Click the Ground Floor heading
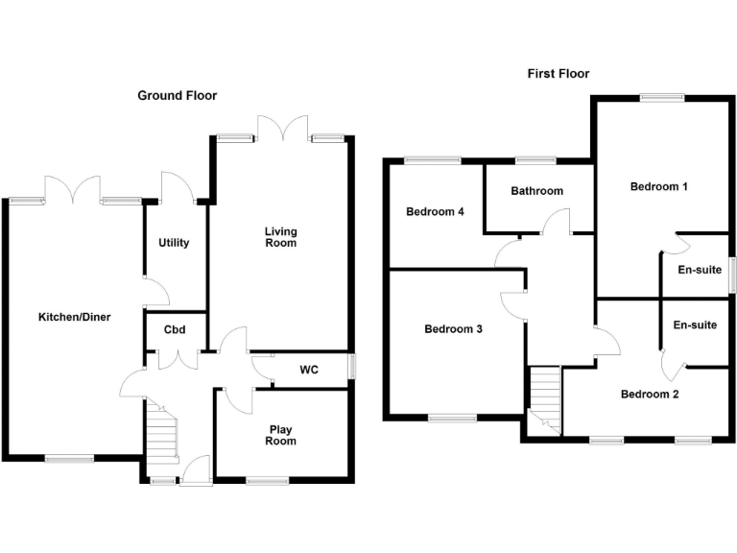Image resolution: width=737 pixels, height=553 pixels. pyautogui.click(x=177, y=95)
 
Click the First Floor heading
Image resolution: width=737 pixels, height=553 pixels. pyautogui.click(x=558, y=73)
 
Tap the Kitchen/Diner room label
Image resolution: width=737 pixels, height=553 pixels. pyautogui.click(x=75, y=317)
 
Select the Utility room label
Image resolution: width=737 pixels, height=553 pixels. pyautogui.click(x=174, y=243)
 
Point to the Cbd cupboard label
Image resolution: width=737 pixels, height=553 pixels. pyautogui.click(x=175, y=330)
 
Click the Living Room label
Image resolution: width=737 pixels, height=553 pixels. pyautogui.click(x=281, y=237)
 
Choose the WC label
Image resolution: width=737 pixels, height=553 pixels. pyautogui.click(x=309, y=369)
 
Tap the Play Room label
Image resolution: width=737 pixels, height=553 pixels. pyautogui.click(x=280, y=435)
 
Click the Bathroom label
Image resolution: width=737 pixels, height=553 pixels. pyautogui.click(x=536, y=191)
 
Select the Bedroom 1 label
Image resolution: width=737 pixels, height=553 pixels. pyautogui.click(x=658, y=186)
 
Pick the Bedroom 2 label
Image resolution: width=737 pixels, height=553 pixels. pyautogui.click(x=650, y=394)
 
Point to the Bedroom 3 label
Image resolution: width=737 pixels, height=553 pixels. pyautogui.click(x=453, y=329)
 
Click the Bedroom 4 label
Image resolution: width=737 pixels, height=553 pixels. pyautogui.click(x=436, y=211)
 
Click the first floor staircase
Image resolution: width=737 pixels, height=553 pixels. pyautogui.click(x=545, y=398)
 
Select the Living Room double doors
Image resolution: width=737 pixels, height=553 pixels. pyautogui.click(x=281, y=129)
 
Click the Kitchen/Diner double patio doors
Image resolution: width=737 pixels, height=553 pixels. pyautogui.click(x=73, y=189)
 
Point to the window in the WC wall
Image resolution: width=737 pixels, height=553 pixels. pyautogui.click(x=351, y=369)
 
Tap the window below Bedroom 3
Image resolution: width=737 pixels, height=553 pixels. pyautogui.click(x=452, y=418)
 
